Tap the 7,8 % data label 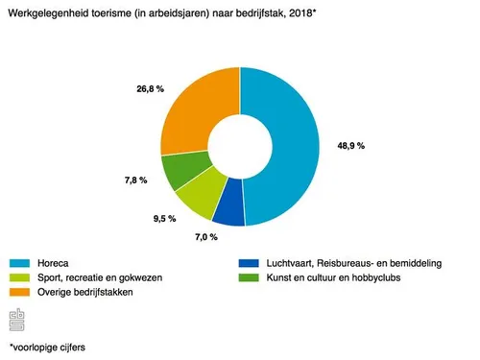[135, 180]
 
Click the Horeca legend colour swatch [23, 261]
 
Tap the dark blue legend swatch [252, 261]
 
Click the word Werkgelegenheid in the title [47, 12]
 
